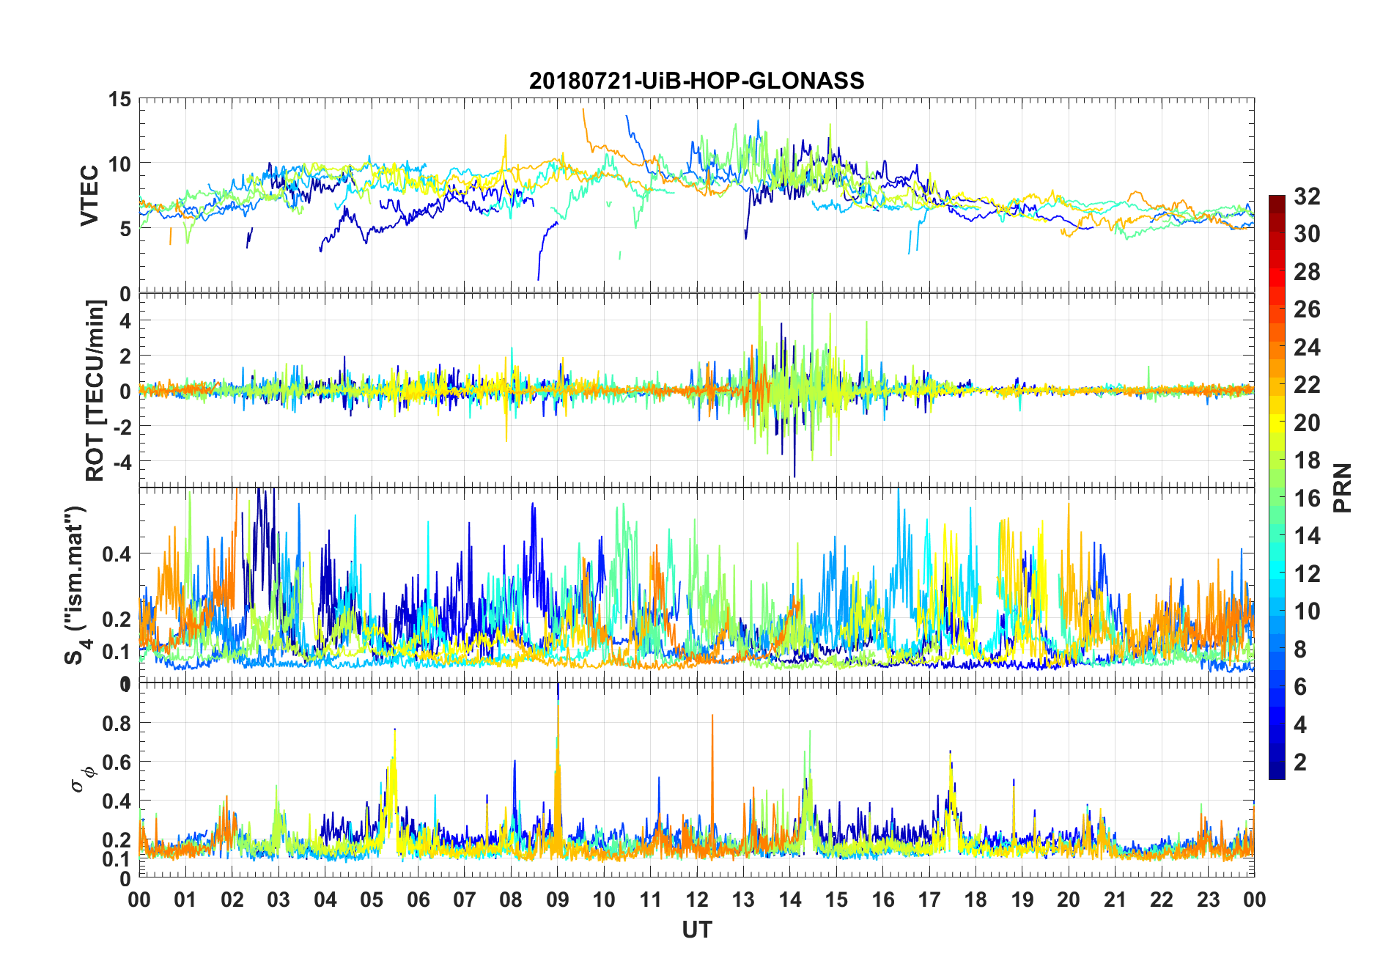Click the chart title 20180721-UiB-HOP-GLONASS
696,81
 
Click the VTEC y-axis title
90,196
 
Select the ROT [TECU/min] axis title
95,390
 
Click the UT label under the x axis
696,930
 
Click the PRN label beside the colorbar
1341,487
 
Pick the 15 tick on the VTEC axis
120,99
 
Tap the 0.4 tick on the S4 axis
117,553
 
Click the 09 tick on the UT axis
558,899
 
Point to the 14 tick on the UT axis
790,899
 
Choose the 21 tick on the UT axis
1115,899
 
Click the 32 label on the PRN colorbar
1307,196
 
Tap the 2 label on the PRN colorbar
1300,762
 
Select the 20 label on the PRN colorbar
1307,422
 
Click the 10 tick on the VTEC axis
120,163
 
